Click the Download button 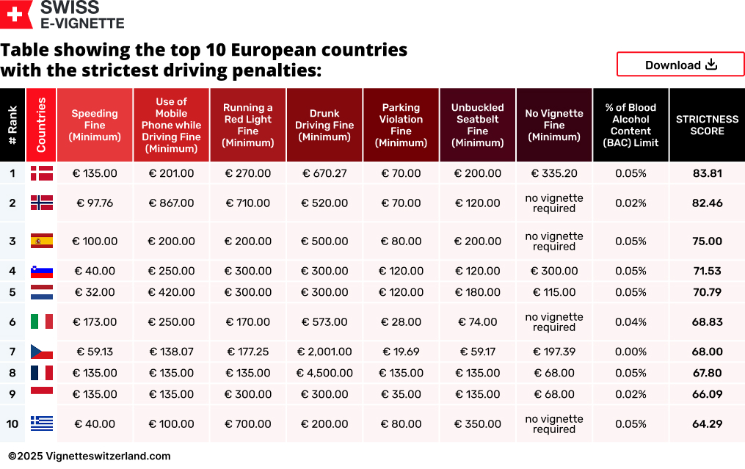click(x=680, y=65)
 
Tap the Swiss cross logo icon click(x=15, y=14)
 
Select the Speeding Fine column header click(x=95, y=125)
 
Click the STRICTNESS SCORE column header click(x=707, y=125)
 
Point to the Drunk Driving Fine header click(x=324, y=125)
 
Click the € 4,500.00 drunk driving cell click(x=324, y=373)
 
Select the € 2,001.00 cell click(x=324, y=352)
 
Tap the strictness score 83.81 click(x=707, y=173)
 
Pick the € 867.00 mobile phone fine click(x=171, y=203)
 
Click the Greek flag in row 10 click(x=41, y=423)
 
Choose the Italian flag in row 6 click(x=41, y=321)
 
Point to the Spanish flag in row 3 click(x=41, y=241)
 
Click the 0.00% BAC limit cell click(x=630, y=352)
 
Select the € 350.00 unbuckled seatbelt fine click(x=477, y=423)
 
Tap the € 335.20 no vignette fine click(x=554, y=173)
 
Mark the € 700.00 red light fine click(x=248, y=423)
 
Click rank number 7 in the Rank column click(x=12, y=352)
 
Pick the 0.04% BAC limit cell click(x=630, y=321)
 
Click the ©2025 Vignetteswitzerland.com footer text click(x=90, y=456)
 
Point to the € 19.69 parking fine click(x=401, y=352)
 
